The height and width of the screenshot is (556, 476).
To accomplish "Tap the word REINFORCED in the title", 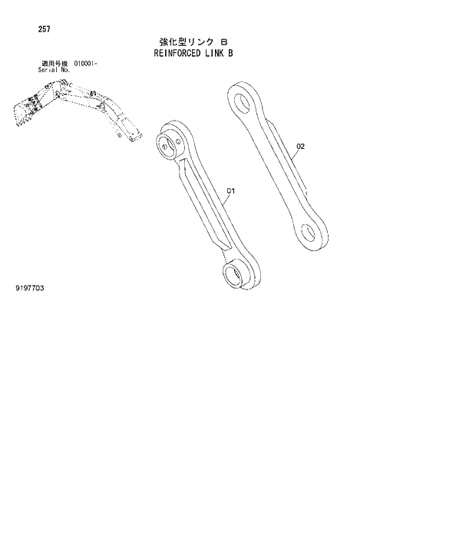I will [171, 54].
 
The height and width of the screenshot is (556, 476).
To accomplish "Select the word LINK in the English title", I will [212, 54].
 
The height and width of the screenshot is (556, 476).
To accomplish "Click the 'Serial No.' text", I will [54, 70].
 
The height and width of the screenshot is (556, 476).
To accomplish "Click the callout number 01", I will [230, 190].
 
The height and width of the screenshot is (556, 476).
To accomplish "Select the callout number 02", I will [300, 146].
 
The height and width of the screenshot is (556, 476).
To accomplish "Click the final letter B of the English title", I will [230, 54].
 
